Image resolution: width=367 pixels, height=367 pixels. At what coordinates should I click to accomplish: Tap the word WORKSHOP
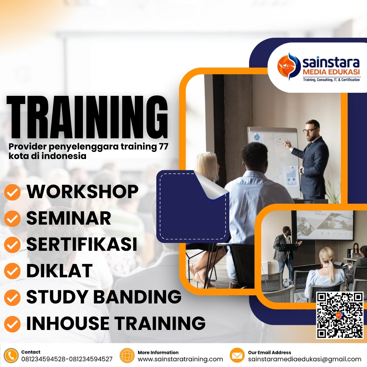83,192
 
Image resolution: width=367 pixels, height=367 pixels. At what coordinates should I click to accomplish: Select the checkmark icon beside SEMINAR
12,219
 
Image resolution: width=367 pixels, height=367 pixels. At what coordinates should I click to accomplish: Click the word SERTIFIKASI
82,244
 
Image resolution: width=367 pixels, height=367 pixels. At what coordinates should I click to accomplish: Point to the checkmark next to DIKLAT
12,271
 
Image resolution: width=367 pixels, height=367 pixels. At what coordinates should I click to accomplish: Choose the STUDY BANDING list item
104,297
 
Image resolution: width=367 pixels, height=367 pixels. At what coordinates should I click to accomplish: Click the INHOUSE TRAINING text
116,323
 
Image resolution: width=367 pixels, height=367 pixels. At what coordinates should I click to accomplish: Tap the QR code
339,315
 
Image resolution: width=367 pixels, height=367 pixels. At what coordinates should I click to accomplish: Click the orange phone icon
12,356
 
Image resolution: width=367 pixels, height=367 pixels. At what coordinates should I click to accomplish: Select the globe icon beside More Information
127,356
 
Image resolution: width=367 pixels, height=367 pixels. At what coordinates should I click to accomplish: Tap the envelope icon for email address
237,356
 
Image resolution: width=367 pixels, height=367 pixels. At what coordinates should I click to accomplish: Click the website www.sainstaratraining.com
180,359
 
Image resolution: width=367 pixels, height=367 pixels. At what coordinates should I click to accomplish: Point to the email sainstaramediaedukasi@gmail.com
304,359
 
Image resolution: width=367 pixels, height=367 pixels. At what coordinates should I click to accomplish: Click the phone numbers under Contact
67,359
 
